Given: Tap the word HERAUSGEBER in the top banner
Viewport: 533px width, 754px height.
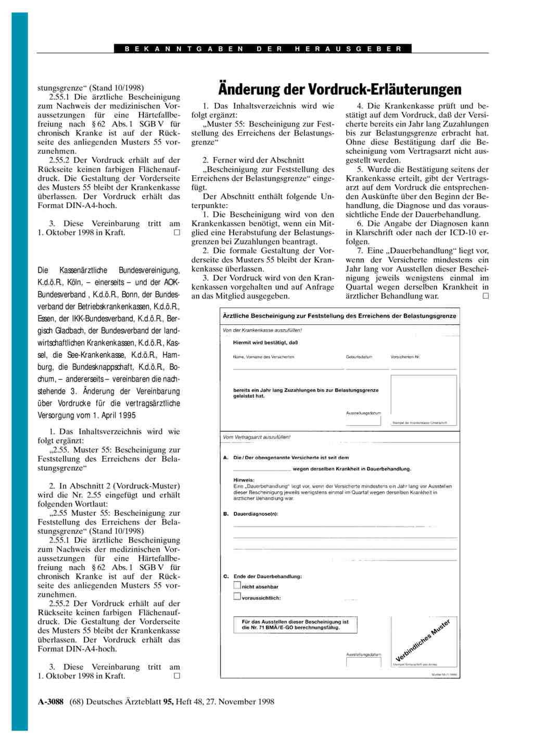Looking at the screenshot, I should (x=348, y=49).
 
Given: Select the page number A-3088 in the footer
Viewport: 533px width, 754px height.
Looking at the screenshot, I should (x=50, y=701).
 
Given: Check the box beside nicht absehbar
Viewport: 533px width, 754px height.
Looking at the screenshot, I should (x=237, y=585).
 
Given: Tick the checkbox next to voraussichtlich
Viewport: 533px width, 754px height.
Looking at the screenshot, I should (x=237, y=596).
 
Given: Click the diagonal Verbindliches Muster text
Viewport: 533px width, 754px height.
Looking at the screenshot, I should (x=423, y=641).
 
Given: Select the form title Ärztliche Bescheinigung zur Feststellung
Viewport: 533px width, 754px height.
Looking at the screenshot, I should (x=339, y=316).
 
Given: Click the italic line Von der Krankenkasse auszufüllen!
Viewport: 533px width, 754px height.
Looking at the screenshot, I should (x=262, y=330).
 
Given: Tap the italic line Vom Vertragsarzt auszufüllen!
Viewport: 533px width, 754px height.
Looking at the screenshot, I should (x=257, y=437).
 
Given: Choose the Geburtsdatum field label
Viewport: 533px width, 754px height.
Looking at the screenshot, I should (x=359, y=357).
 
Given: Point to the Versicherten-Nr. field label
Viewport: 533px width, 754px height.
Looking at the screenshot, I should (x=405, y=357).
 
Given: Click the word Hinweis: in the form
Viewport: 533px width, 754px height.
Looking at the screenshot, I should (x=244, y=480).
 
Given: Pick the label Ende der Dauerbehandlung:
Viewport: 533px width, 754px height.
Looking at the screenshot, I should (x=268, y=577).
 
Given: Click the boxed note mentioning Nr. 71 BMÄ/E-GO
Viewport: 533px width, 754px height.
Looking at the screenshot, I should (x=295, y=624).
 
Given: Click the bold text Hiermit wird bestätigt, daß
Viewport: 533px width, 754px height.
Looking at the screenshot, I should (x=265, y=342).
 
